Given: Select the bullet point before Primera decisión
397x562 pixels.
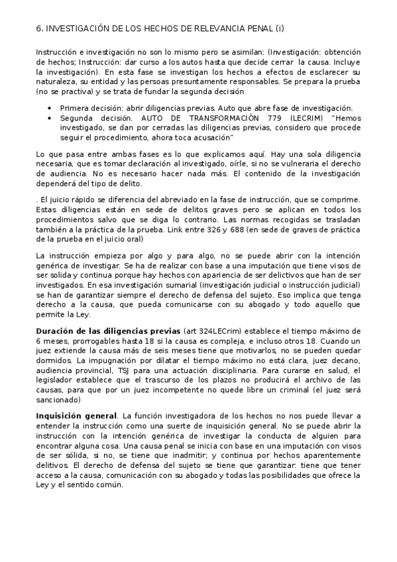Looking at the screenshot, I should click(x=50, y=108).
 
